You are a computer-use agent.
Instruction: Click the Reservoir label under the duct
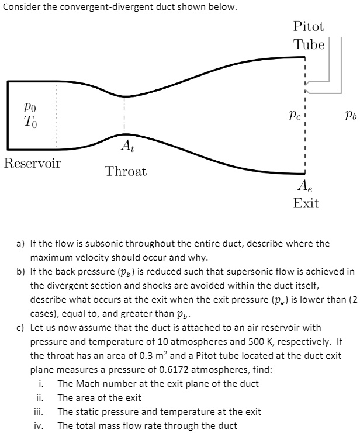tap(32, 163)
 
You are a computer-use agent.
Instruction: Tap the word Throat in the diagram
tap(126, 172)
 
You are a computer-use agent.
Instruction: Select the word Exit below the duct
tap(306, 203)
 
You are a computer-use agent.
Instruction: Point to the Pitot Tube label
tap(309, 36)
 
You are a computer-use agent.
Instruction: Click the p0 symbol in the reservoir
tap(29, 108)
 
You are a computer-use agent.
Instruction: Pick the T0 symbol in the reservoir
tap(29, 122)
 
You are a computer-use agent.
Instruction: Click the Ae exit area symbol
tap(305, 186)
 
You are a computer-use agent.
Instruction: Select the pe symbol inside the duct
tap(294, 116)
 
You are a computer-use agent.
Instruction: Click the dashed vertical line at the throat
tap(124, 117)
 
